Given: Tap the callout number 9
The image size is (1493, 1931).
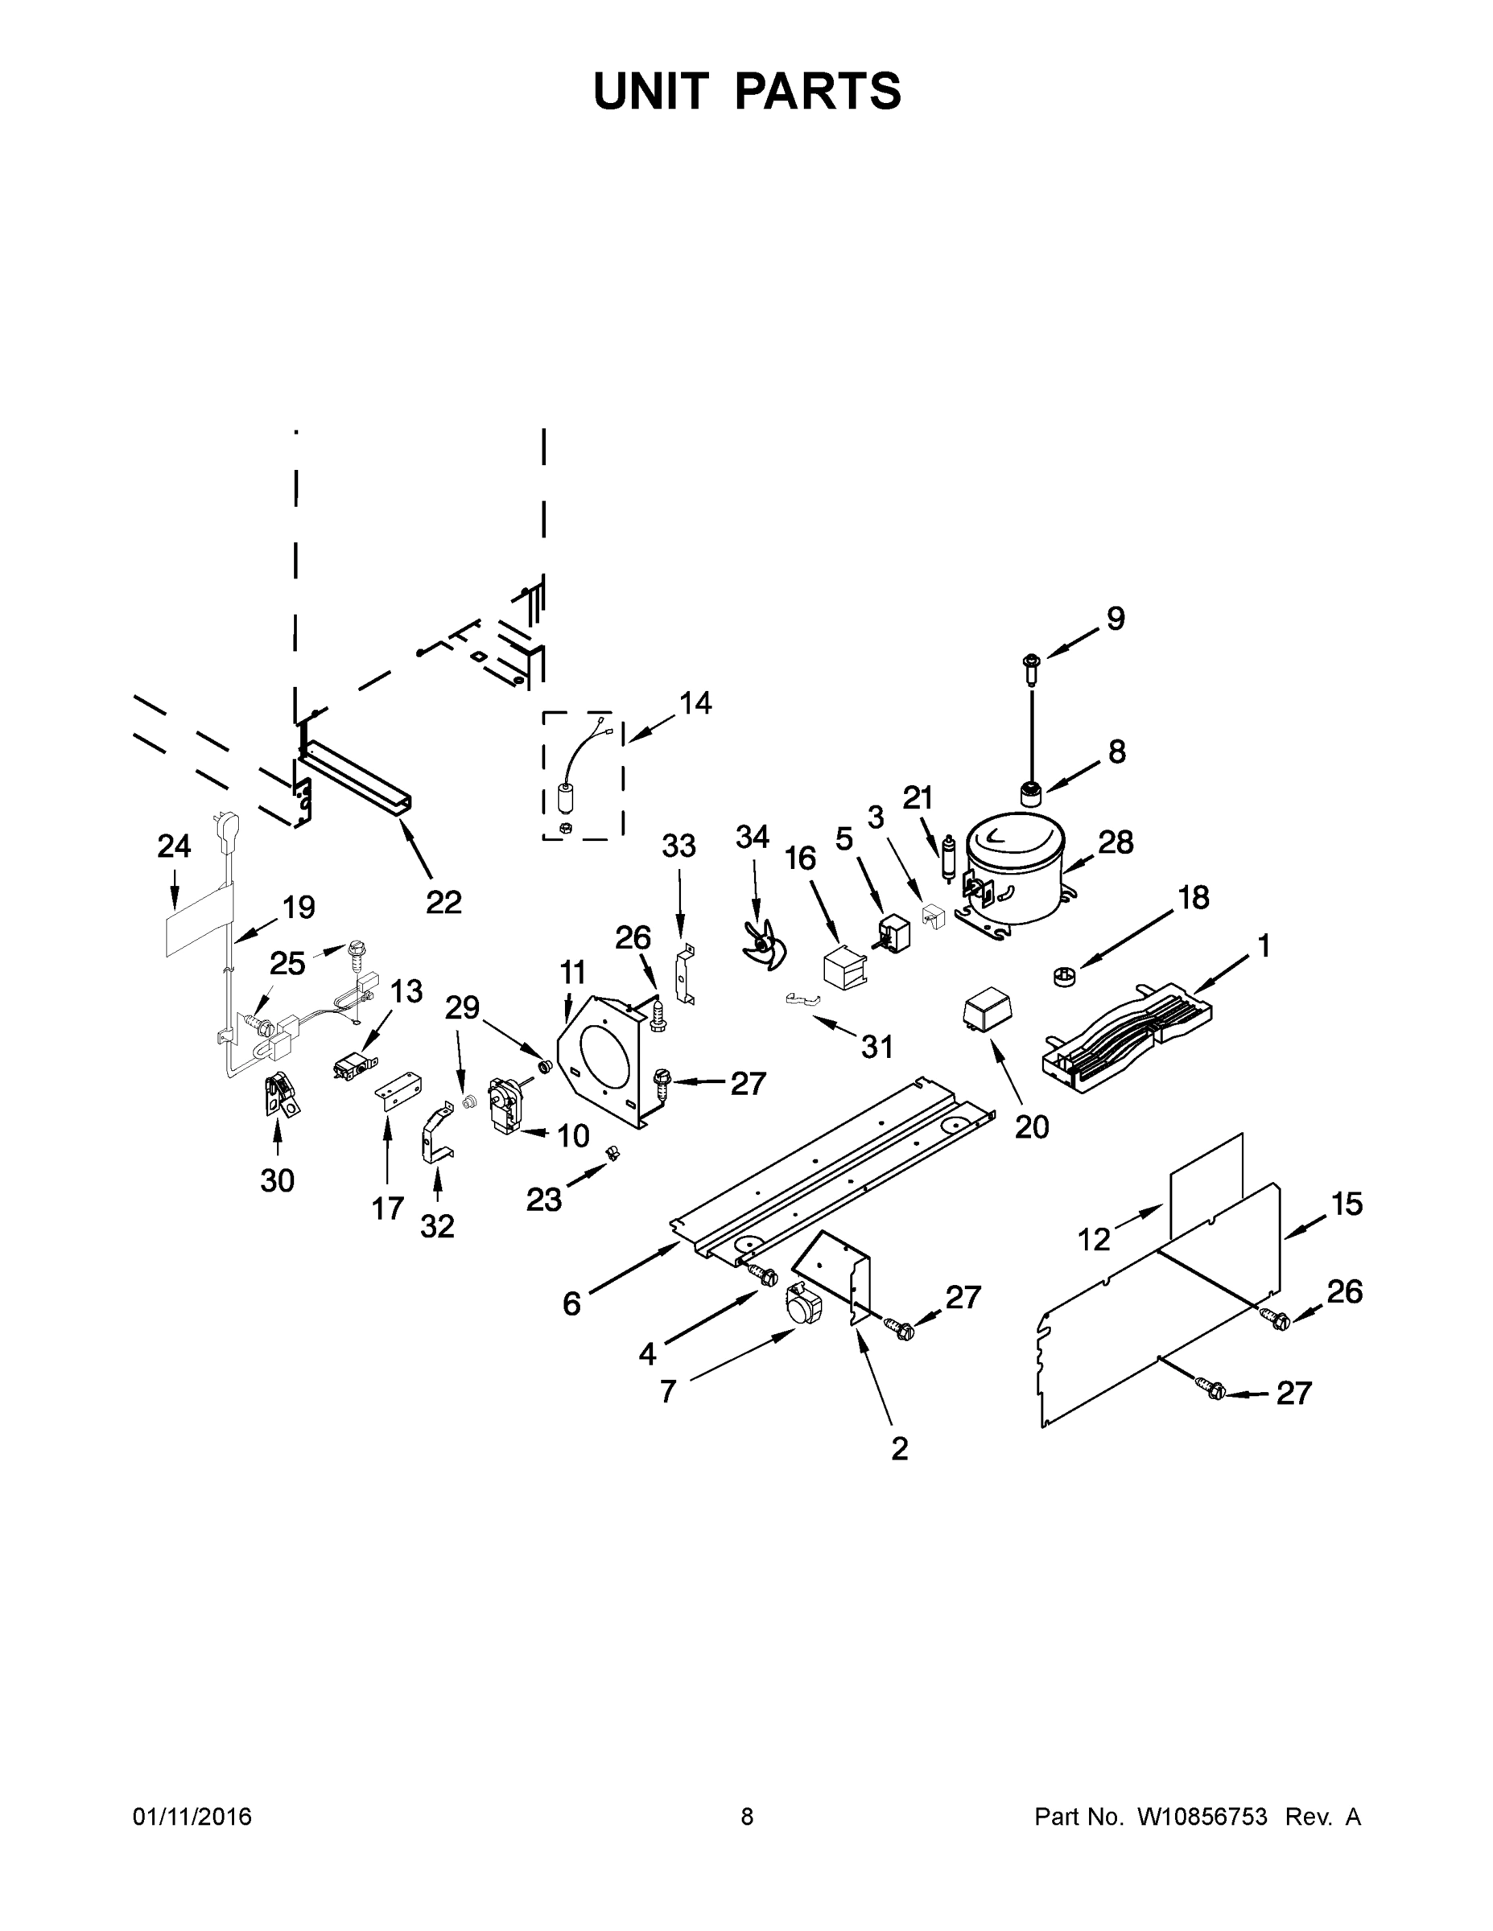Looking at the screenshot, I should pos(1116,619).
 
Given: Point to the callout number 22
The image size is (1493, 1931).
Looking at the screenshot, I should pos(443,902).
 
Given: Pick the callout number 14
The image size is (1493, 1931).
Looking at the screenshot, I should pos(695,703).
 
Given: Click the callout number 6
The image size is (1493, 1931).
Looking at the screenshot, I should pos(571,1303).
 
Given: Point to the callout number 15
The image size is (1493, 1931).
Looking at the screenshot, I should pos(1347,1204).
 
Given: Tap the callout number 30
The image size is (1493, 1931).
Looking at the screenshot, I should pos(277,1180).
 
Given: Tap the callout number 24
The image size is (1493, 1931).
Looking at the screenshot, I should pos(173,846).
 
